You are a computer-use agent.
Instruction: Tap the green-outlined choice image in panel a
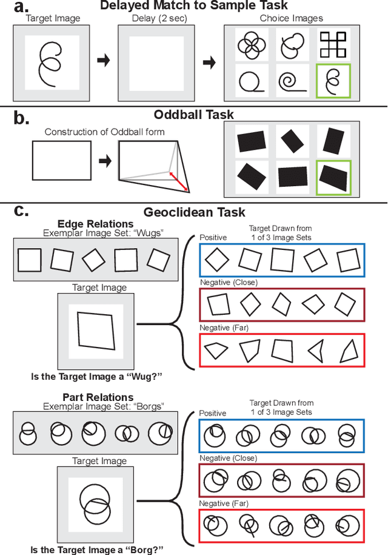click(x=333, y=80)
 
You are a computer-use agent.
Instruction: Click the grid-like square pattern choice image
click(x=333, y=44)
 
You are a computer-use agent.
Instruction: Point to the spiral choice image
click(x=293, y=81)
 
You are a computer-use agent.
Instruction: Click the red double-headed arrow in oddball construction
click(x=178, y=181)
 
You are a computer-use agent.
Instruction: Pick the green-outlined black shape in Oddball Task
click(x=333, y=177)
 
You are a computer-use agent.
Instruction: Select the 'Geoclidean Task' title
click(x=194, y=212)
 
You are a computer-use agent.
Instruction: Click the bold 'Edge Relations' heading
click(x=95, y=224)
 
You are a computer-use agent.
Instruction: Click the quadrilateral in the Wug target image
click(x=95, y=331)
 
